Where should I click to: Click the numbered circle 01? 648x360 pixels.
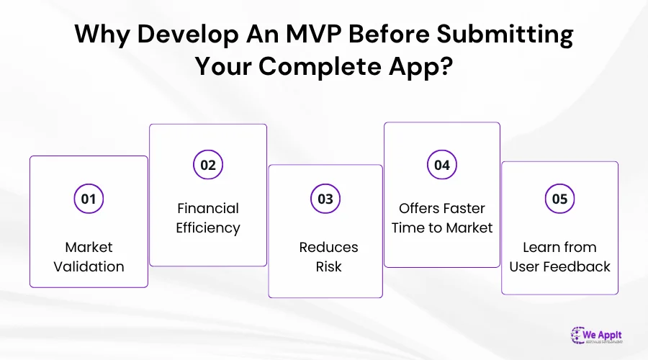click(x=89, y=199)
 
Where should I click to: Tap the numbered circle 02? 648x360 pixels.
click(x=208, y=165)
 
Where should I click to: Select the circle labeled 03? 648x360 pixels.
click(x=325, y=199)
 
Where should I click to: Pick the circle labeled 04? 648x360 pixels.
click(x=442, y=165)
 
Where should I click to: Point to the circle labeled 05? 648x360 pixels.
click(x=559, y=199)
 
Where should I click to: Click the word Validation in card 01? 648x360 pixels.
click(x=89, y=266)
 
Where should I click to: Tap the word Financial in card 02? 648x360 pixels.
click(x=208, y=208)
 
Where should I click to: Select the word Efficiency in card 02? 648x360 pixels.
click(x=208, y=228)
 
